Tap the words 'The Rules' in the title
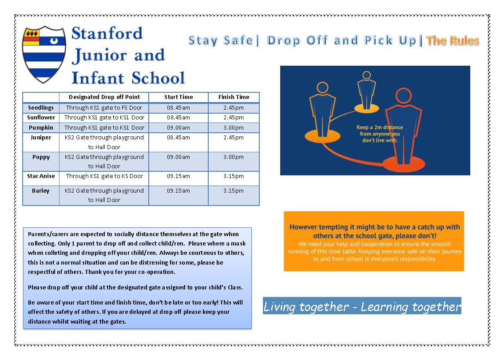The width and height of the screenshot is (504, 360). [452, 41]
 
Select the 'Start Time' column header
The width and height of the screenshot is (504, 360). [179, 97]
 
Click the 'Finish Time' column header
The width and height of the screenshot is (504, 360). [234, 97]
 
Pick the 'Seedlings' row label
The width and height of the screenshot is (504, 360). [41, 108]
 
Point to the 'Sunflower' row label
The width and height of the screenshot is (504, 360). [41, 118]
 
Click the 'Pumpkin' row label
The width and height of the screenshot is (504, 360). [41, 127]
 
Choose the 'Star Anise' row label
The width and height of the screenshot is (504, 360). [41, 176]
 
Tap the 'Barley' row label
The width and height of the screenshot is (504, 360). [41, 191]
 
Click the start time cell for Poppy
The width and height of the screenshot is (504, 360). [179, 157]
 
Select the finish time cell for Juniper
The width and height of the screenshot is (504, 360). [234, 138]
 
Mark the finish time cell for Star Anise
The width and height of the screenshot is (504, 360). [234, 176]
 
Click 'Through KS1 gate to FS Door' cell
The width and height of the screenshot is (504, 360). [104, 108]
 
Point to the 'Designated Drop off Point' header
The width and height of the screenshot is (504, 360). [104, 97]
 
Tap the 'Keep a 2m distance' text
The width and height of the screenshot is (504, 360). [380, 127]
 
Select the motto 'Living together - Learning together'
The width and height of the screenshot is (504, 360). [362, 307]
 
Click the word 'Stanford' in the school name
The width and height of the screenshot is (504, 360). [107, 34]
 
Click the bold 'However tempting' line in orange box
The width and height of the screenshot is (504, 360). [374, 231]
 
